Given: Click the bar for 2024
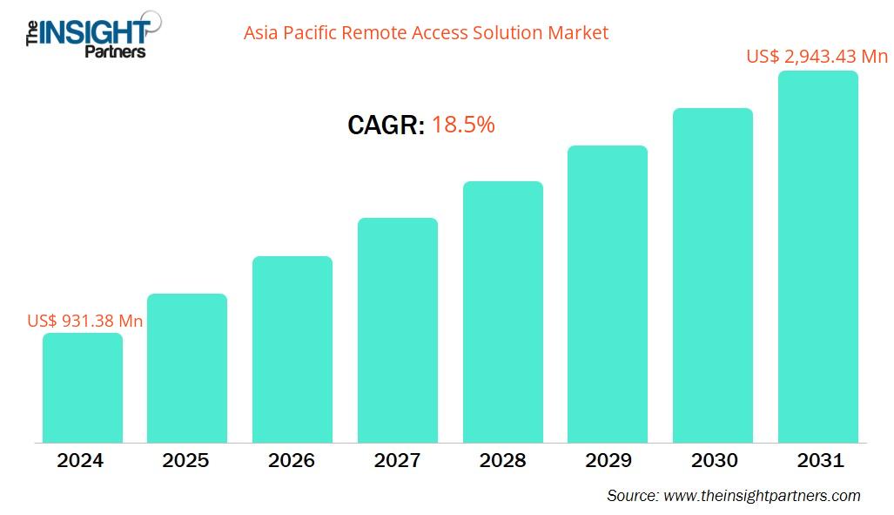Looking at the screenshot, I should point(83,388).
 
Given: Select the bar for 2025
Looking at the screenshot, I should point(187,368).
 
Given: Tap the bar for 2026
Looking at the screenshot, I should point(292,349).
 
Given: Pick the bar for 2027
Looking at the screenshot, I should point(398,330).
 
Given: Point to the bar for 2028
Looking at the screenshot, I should point(503,312).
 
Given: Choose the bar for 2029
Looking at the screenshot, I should point(608,294).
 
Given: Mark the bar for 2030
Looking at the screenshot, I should point(713,275).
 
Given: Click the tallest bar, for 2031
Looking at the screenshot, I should point(818,257).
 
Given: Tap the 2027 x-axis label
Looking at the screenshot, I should point(397,460).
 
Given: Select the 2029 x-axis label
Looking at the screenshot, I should point(608,460).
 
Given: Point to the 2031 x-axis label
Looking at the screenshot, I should point(819,460).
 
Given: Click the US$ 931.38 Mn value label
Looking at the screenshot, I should point(85,321).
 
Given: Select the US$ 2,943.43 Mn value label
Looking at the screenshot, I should point(817,57).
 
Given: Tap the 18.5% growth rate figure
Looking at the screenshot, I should point(463,125).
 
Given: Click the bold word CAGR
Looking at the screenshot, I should point(386,125).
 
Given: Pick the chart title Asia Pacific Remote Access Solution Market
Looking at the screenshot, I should point(426,33).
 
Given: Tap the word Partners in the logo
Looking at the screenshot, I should point(115,51).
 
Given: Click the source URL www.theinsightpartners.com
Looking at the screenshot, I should point(762,495).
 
